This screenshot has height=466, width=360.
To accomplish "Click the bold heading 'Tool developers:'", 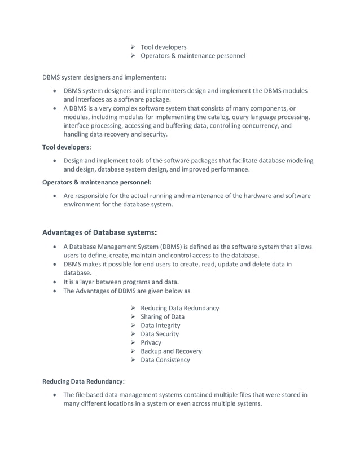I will (x=67, y=147).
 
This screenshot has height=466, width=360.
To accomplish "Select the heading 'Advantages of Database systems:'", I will (x=100, y=232).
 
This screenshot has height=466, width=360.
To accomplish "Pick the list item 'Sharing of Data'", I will (x=162, y=316).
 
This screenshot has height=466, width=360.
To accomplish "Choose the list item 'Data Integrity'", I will (x=160, y=326).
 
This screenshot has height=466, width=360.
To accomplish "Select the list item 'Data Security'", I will (x=160, y=334).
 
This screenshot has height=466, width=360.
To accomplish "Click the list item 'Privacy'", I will (x=151, y=342).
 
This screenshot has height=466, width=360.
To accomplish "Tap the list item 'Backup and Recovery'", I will (x=171, y=351).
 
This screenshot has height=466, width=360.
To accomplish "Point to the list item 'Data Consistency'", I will (x=165, y=359).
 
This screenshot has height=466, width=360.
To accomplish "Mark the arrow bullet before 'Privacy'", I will (x=132, y=342).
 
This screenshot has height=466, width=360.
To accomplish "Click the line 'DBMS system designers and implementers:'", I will (x=104, y=77).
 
